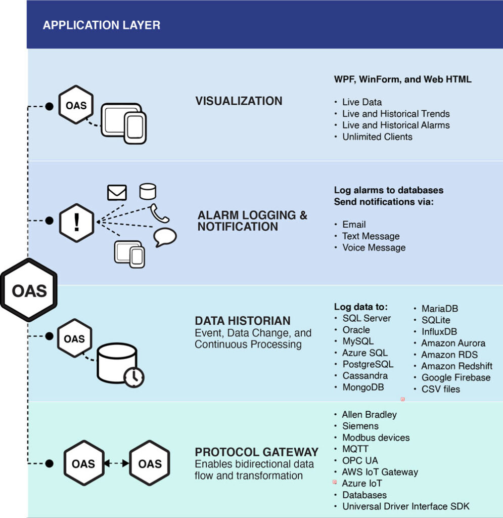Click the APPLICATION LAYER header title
pos(102,25)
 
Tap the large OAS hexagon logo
pos(29,290)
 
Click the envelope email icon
pos(117,192)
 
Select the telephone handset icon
pos(160,213)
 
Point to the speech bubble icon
pos(165,237)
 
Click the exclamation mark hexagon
pos(76,222)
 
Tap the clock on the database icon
pos(134,377)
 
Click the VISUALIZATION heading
pos(239,101)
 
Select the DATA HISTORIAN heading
pos(243,321)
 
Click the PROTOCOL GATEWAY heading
pos(257,452)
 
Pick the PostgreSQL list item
pos(368,364)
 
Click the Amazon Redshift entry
pos(456,366)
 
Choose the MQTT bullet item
pos(355,449)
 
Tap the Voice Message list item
pos(374,247)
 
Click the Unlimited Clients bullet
pos(377,137)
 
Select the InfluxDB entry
pos(439,331)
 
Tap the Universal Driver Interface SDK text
pos(406,506)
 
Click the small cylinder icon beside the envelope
pos(148,191)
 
